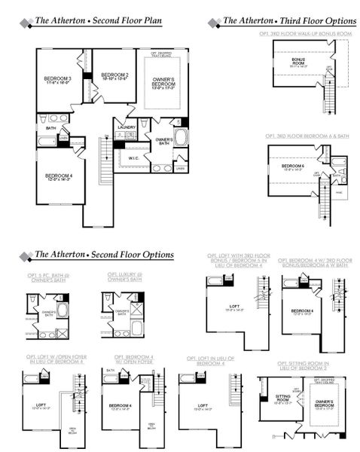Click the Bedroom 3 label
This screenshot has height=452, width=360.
click(58, 81)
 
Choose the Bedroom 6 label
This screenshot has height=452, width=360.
click(292, 167)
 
